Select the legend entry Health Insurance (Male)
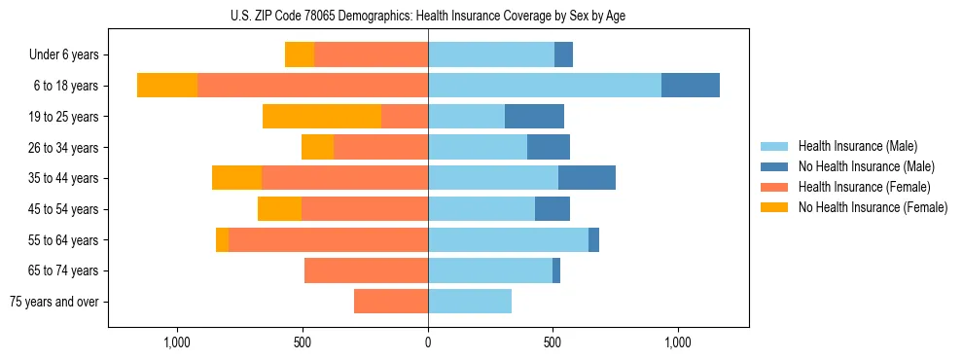coord(857,146)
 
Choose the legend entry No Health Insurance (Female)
coord(873,207)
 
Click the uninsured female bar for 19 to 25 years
coord(322,117)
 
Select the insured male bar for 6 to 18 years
coord(545,86)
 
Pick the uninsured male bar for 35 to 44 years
coord(587,178)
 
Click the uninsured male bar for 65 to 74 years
coord(556,270)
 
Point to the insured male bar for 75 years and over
coord(470,302)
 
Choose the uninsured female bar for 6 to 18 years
coord(167,86)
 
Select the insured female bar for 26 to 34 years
coord(380,148)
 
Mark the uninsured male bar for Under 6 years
coord(563,55)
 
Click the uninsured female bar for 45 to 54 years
coord(279,209)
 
